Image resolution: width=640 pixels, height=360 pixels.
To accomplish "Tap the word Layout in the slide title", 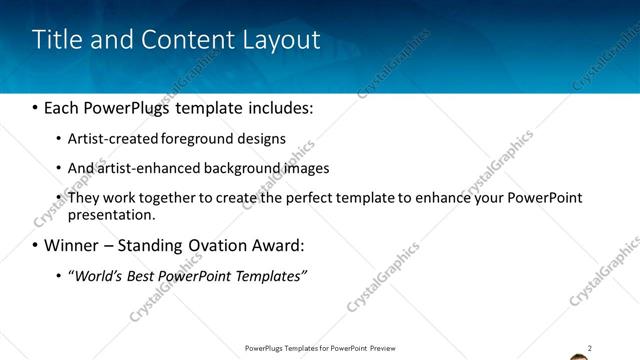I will (x=280, y=40).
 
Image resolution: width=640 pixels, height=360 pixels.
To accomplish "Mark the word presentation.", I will (x=111, y=214).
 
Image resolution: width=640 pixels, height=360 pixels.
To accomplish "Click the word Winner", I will (x=74, y=245).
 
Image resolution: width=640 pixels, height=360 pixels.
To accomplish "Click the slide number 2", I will (x=590, y=347).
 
